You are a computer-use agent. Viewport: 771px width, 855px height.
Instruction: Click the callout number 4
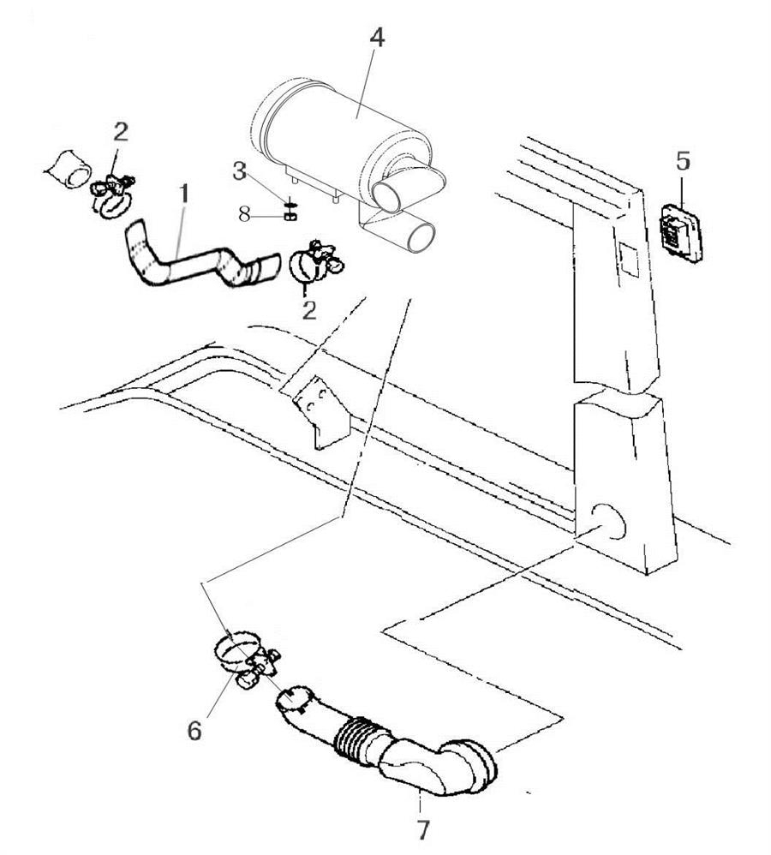[378, 39]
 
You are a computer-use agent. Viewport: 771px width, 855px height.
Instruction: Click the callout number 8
[245, 214]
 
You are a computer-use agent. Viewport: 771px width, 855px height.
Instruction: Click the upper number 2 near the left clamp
[121, 131]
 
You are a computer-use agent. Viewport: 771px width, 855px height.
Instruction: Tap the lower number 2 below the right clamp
[309, 308]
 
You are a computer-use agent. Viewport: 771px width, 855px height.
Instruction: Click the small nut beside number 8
[290, 216]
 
